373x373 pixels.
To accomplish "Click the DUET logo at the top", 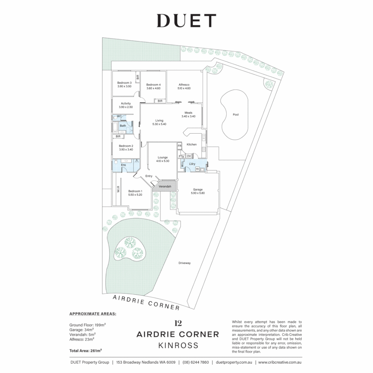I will [186, 21].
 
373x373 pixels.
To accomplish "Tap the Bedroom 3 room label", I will [124, 83].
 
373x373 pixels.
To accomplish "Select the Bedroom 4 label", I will [153, 85].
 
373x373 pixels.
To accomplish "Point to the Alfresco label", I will [184, 85].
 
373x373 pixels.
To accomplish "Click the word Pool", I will [236, 115].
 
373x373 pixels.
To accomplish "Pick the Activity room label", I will [126, 103].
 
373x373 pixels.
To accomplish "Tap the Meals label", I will [188, 113].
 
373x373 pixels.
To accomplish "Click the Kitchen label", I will [192, 144].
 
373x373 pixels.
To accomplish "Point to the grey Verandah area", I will [165, 186].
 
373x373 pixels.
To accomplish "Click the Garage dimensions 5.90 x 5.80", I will [198, 193].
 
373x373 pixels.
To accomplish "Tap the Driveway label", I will [184, 263].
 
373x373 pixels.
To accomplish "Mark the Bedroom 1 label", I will [135, 191].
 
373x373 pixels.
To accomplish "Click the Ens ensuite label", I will [123, 165].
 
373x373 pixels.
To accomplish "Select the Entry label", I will [149, 176].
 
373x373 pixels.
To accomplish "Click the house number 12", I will [178, 324].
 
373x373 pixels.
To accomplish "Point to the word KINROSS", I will [178, 345].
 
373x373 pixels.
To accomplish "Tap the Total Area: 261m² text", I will [86, 350].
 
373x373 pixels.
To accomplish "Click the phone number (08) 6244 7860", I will [195, 362].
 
